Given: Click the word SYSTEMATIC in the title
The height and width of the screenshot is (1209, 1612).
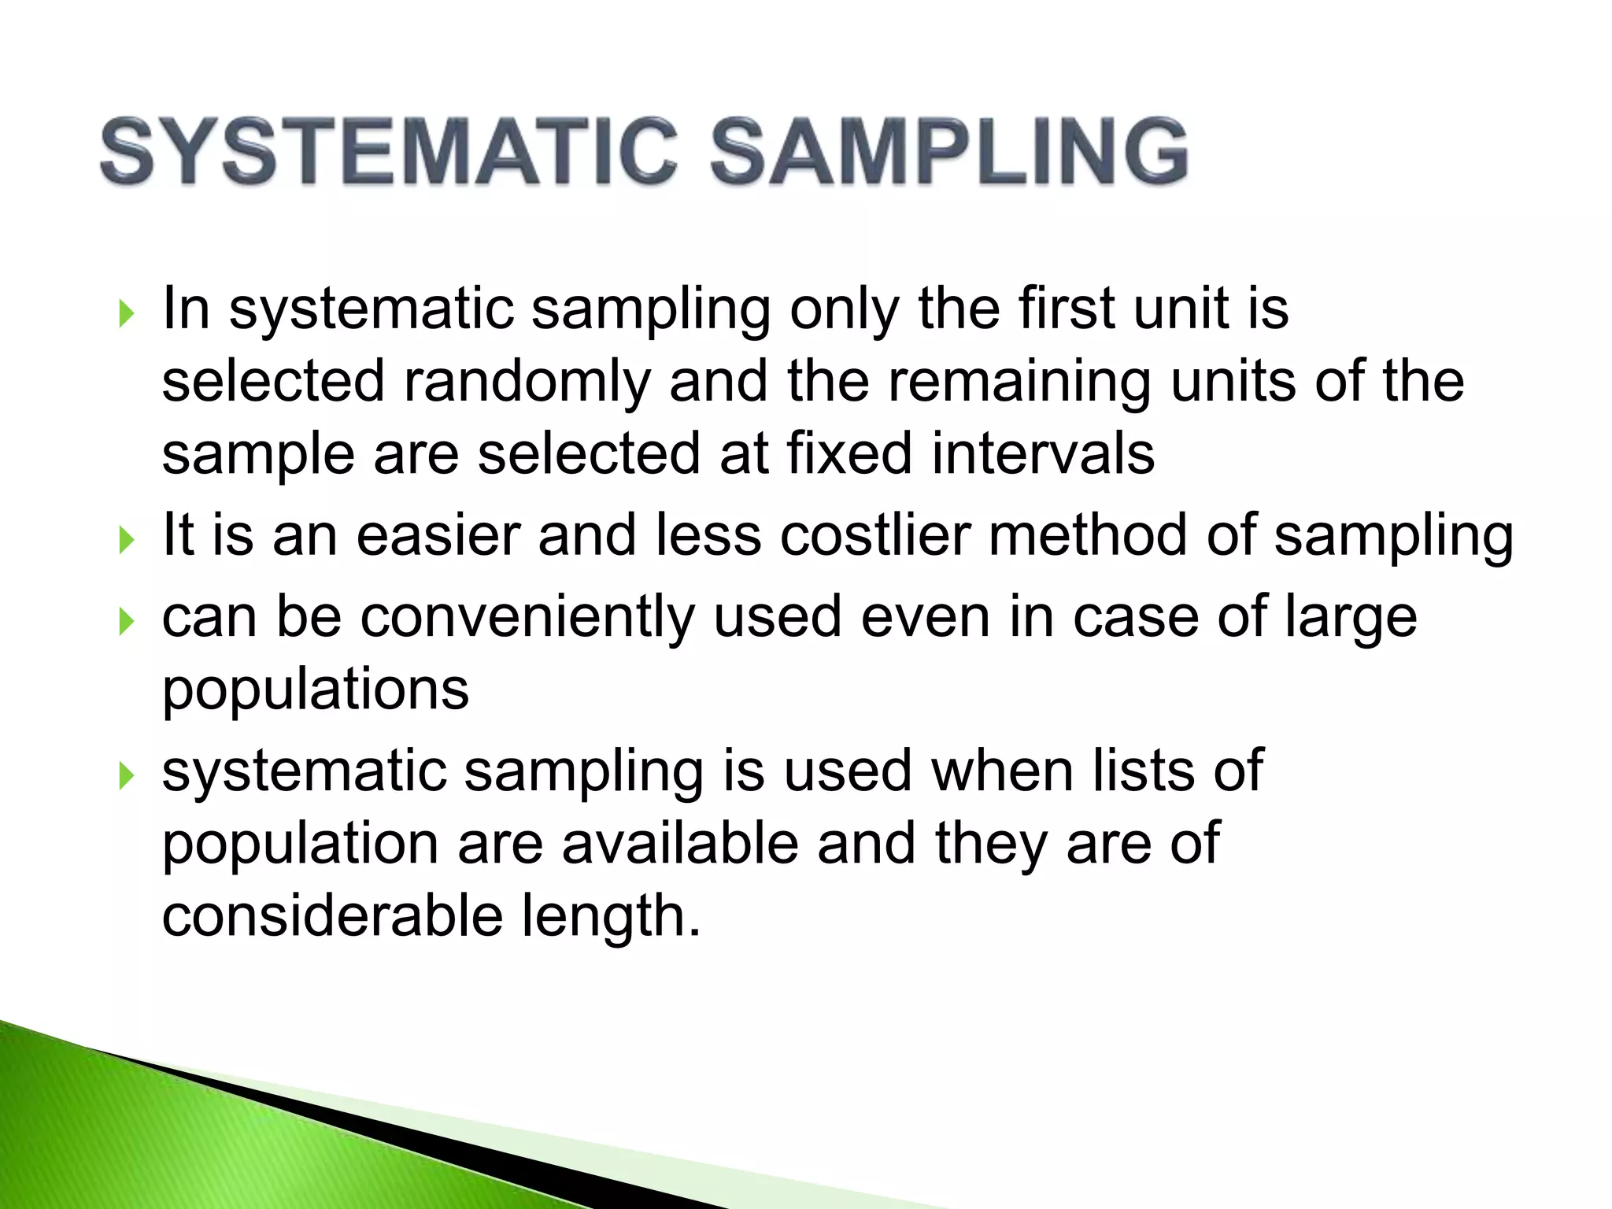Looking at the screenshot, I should tap(389, 151).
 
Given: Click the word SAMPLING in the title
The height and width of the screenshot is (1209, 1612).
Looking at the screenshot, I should tap(949, 151).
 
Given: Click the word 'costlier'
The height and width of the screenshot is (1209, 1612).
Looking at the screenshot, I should tap(875, 535).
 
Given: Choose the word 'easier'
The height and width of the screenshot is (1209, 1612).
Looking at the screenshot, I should tap(438, 535).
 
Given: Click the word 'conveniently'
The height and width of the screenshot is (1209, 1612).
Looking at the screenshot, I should tap(527, 617).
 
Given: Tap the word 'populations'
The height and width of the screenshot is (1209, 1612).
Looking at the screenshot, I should tap(316, 690).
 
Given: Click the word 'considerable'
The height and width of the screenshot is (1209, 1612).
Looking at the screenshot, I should tap(333, 916).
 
